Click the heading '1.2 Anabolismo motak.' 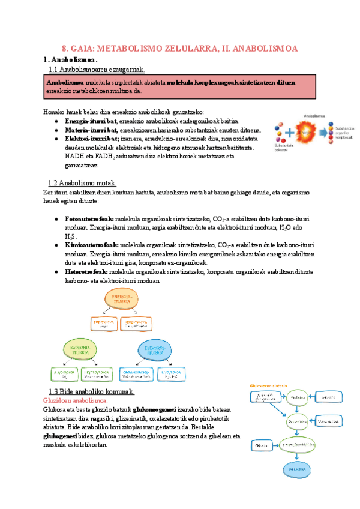(82, 183)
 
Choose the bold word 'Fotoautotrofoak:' (88, 220)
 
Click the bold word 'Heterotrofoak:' (87, 272)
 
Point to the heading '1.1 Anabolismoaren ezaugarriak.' (97, 70)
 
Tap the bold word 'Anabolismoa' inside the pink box (65, 82)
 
